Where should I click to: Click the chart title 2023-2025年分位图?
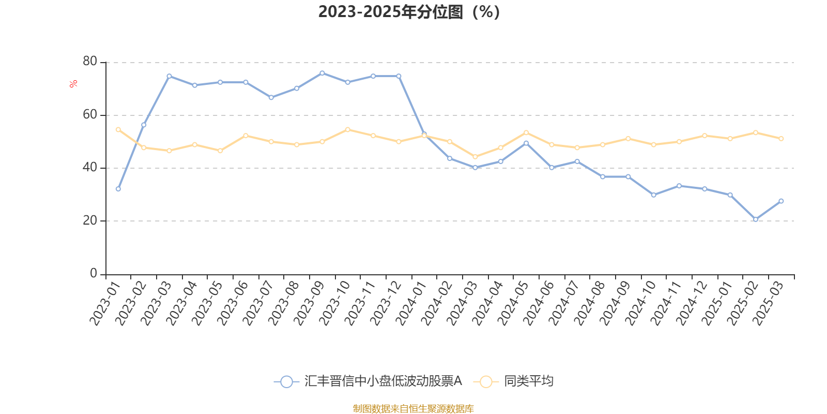[409, 12]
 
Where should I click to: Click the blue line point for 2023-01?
[118, 189]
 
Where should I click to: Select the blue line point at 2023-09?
[322, 73]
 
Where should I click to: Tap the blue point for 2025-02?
[756, 219]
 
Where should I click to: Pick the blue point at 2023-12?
[399, 76]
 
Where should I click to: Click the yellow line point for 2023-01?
[118, 129]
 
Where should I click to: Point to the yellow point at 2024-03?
[475, 157]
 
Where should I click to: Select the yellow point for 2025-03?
[781, 139]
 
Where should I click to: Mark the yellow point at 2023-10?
[348, 129]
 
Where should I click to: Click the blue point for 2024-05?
[526, 143]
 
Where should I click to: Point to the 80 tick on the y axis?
[90, 62]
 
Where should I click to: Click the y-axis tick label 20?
[90, 220]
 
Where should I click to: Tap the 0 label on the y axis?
[94, 273]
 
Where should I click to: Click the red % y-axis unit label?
[74, 84]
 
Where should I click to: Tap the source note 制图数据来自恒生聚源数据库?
[413, 409]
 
